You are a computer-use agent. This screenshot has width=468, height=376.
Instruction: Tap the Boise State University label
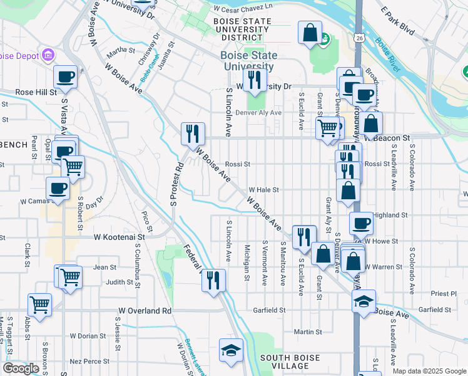pyautogui.click(x=248, y=61)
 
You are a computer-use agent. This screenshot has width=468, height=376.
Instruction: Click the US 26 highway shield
pyautogui.click(x=359, y=39)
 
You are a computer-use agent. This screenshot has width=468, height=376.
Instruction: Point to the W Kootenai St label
pyautogui.click(x=120, y=238)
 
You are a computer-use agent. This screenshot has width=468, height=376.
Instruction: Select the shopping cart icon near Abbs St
pyautogui.click(x=40, y=305)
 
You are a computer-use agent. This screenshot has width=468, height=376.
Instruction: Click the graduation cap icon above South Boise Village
pyautogui.click(x=231, y=350)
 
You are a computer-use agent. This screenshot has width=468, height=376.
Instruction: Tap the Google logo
pyautogui.click(x=21, y=368)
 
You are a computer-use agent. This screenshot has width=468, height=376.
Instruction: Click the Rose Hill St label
pyautogui.click(x=36, y=91)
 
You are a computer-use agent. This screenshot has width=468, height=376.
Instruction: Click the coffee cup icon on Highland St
pyautogui.click(x=361, y=222)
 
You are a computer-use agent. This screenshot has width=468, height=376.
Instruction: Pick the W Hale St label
pyautogui.click(x=263, y=189)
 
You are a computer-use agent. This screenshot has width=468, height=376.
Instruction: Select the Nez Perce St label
pyautogui.click(x=89, y=361)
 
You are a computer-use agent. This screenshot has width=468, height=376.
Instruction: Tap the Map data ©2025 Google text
pyautogui.click(x=429, y=371)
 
